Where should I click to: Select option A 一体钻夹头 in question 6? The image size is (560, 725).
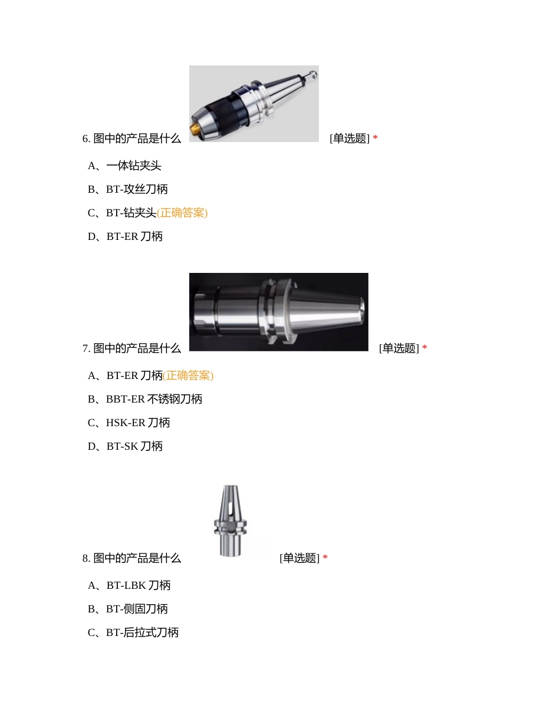pyautogui.click(x=124, y=166)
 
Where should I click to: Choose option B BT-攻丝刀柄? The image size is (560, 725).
pyautogui.click(x=127, y=189)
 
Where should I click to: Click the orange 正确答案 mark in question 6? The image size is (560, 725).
pyautogui.click(x=182, y=213)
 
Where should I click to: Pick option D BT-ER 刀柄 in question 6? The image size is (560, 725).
pyautogui.click(x=125, y=236)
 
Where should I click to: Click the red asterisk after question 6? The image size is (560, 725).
pyautogui.click(x=375, y=139)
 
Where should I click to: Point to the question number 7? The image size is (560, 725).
pyautogui.click(x=86, y=348)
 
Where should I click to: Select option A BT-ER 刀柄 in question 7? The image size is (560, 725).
pyautogui.click(x=125, y=375)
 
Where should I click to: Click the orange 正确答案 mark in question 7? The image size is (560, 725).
pyautogui.click(x=188, y=375)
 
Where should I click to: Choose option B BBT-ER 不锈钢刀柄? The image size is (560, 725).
pyautogui.click(x=145, y=399)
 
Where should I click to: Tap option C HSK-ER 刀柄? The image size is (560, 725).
pyautogui.click(x=129, y=423)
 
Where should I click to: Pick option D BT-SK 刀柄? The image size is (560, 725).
pyautogui.click(x=125, y=446)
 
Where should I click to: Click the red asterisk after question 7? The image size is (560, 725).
pyautogui.click(x=424, y=348)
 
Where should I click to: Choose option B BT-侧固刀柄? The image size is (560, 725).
pyautogui.click(x=127, y=609)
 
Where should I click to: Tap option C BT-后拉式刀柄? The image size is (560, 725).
pyautogui.click(x=133, y=632)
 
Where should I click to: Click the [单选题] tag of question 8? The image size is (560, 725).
pyautogui.click(x=299, y=558)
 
